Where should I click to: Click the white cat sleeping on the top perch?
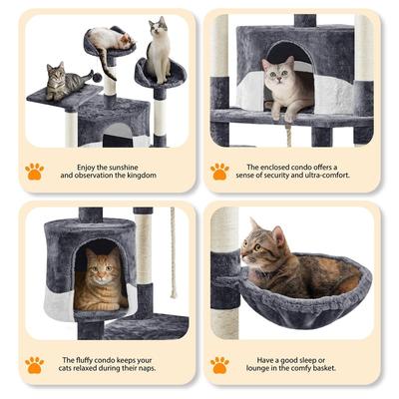pyautogui.click(x=109, y=39)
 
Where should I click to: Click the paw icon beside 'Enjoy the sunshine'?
pyautogui.click(x=34, y=171)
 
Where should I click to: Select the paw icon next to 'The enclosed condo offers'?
pyautogui.click(x=219, y=171)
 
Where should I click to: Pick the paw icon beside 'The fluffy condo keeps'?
pyautogui.click(x=34, y=365)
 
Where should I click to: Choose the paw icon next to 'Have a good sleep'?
pyautogui.click(x=219, y=365)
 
